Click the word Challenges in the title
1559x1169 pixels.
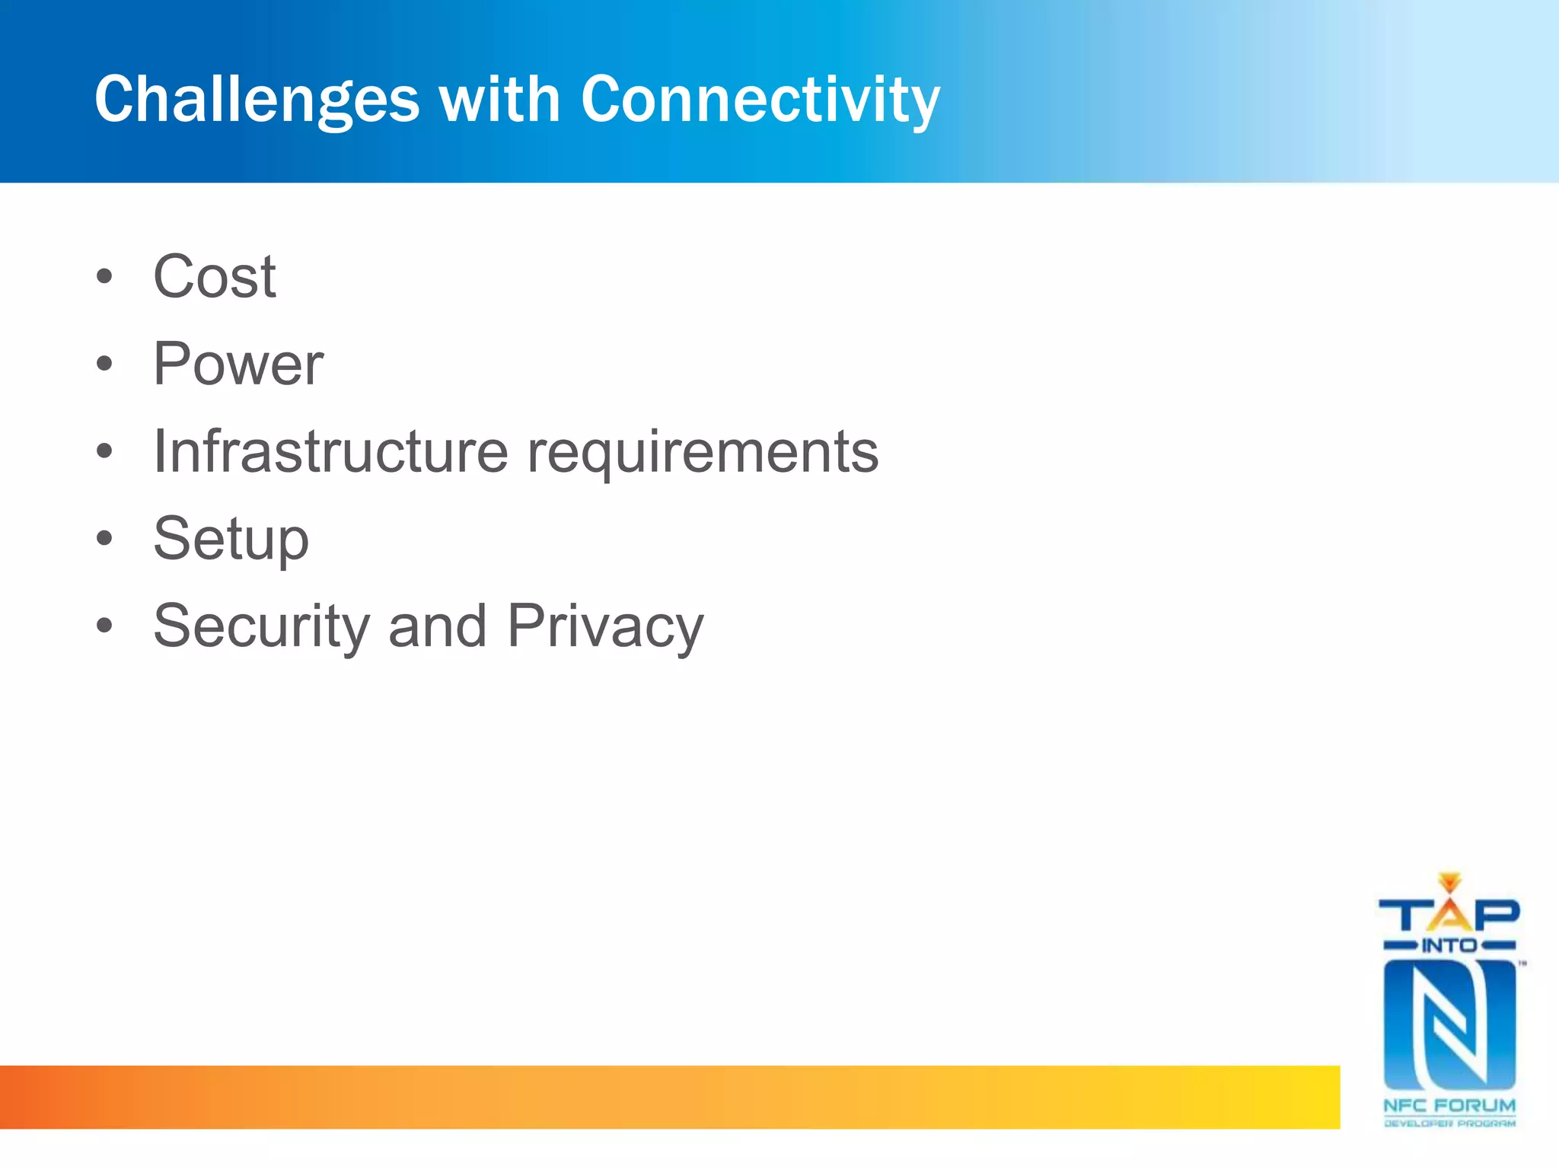coord(257,100)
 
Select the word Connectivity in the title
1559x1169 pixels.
coord(760,100)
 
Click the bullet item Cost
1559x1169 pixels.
coord(215,276)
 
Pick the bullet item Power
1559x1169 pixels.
coord(238,364)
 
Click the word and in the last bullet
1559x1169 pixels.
coord(437,626)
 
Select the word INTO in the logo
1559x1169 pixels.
coord(1449,946)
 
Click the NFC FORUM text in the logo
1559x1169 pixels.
coord(1449,1105)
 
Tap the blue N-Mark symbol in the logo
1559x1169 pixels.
coord(1449,1025)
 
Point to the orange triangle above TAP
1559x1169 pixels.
coord(1449,881)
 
